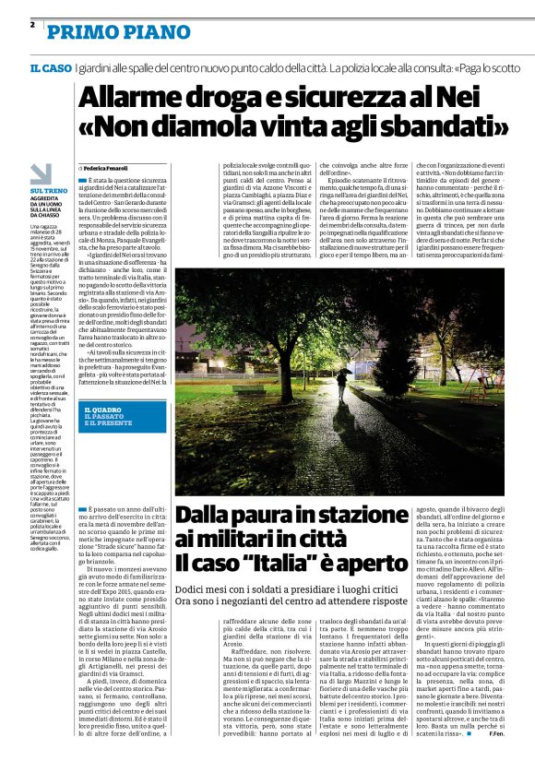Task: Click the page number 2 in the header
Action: (31, 24)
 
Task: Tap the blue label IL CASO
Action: (51, 69)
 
